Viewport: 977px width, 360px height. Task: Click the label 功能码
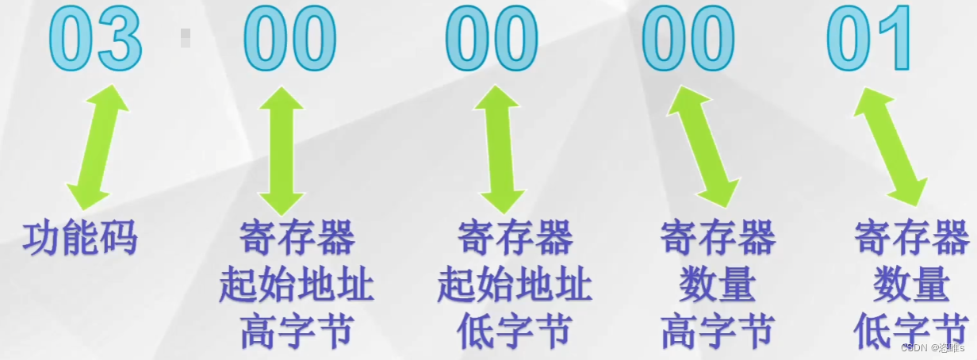click(80, 237)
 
